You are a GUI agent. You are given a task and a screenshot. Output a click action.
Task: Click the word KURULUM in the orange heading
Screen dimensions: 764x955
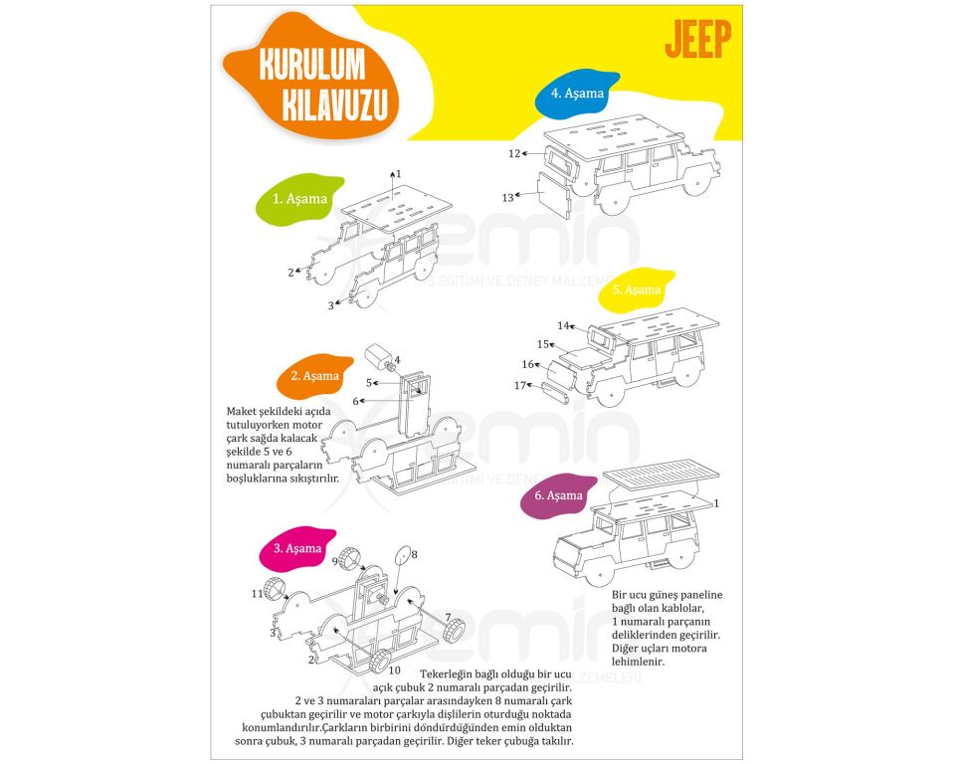click(x=311, y=65)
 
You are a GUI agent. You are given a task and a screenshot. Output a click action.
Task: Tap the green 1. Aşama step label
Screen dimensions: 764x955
click(x=299, y=199)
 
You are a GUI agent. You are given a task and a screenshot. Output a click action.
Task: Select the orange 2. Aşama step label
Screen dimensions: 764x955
click(x=314, y=376)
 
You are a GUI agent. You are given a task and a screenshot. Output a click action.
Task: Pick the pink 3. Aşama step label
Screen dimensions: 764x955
click(x=296, y=548)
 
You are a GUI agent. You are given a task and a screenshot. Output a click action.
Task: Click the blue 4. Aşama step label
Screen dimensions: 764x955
click(x=577, y=94)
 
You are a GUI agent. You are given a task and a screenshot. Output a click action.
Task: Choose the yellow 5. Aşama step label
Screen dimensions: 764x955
click(x=636, y=289)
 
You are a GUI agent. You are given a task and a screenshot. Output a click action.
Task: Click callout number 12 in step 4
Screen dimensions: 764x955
click(x=514, y=154)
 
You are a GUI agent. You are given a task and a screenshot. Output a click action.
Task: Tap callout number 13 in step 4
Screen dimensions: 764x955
click(x=507, y=198)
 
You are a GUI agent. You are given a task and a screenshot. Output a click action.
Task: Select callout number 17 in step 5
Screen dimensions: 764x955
click(x=519, y=385)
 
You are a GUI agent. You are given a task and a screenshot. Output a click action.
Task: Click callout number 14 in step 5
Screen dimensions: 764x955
click(x=563, y=325)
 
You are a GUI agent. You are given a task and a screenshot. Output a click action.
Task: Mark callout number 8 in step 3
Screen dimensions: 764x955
click(x=414, y=554)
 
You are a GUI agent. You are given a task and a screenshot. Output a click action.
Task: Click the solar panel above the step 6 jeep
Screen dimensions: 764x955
click(x=661, y=477)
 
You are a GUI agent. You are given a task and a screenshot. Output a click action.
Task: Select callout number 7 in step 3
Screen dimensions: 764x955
click(x=448, y=617)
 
